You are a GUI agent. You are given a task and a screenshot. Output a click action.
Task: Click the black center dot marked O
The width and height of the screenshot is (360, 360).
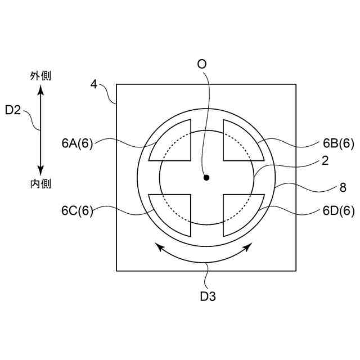click(206, 178)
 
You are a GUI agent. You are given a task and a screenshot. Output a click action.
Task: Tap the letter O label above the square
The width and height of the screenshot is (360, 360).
click(202, 64)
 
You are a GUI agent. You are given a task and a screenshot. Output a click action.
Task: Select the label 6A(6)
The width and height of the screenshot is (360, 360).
click(77, 144)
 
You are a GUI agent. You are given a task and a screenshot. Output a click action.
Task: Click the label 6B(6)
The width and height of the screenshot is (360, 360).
click(339, 143)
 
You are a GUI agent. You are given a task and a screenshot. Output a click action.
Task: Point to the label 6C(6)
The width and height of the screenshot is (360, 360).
click(77, 210)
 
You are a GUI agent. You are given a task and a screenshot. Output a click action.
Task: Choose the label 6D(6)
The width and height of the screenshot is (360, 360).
click(339, 210)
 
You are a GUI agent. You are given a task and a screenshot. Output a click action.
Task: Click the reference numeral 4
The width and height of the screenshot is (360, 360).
click(94, 84)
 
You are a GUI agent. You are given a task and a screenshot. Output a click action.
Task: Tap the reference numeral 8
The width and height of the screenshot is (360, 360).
click(343, 187)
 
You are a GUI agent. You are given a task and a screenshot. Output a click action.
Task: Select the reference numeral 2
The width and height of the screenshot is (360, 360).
click(325, 161)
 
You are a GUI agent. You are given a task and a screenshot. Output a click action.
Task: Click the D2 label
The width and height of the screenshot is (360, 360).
click(13, 110)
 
